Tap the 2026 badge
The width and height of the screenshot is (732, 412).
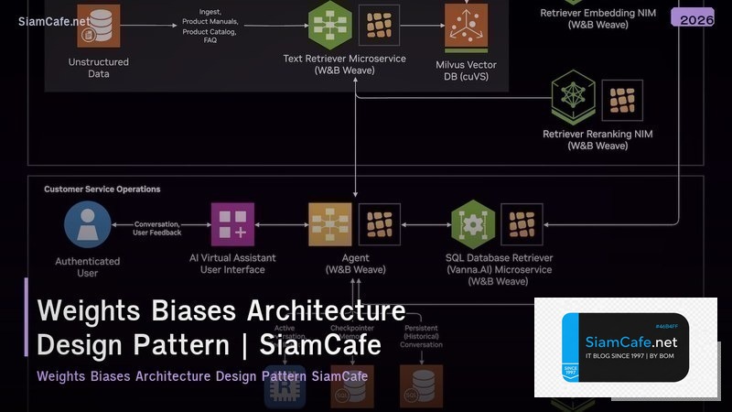[692, 18]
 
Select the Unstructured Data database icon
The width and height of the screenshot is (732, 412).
[98, 25]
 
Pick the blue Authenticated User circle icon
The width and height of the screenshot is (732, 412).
[87, 224]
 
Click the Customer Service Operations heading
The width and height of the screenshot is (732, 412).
[102, 190]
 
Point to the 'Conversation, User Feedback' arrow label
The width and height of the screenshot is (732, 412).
[157, 228]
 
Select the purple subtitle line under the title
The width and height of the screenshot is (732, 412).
[202, 376]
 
